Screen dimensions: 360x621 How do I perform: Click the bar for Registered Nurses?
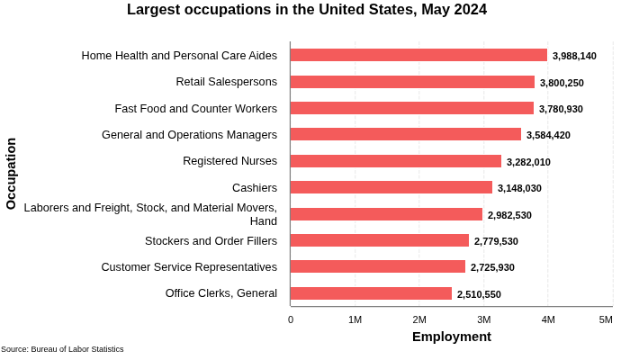[x=396, y=161]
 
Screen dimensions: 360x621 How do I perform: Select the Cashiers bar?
[x=391, y=187]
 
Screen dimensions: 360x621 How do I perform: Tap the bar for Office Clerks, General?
[x=371, y=293]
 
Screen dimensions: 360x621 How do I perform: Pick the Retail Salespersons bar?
[x=412, y=82]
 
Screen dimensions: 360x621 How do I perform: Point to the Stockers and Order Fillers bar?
[x=380, y=240]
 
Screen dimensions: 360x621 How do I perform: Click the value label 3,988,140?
[x=574, y=56]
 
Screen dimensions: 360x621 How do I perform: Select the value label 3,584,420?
[x=548, y=135]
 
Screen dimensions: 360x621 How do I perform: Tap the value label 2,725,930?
[x=492, y=267]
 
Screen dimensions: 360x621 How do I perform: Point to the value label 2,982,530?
[x=509, y=215]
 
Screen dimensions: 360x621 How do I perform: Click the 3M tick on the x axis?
[x=484, y=319]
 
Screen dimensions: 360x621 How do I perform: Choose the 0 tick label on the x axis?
[x=291, y=319]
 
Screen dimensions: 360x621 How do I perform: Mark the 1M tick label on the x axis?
[x=355, y=319]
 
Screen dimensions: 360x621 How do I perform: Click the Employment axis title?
[x=452, y=337]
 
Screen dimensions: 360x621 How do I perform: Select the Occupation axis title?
[x=12, y=174]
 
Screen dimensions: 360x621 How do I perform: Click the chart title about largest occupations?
[x=307, y=10]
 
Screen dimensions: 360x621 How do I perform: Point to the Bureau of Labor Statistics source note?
[x=62, y=349]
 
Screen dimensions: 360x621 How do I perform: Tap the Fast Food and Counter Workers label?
[x=196, y=108]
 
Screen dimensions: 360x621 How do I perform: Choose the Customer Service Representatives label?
[x=189, y=266]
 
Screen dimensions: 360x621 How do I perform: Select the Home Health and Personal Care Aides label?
[x=179, y=55]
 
